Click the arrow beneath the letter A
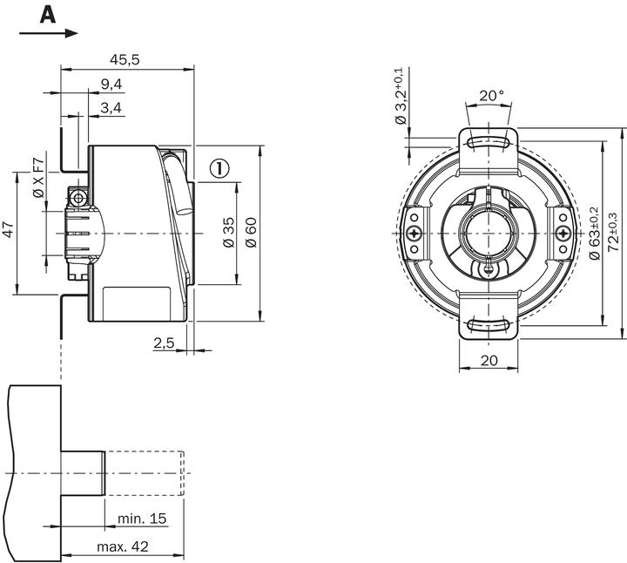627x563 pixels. pos(48,33)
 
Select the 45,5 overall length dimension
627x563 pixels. pos(125,59)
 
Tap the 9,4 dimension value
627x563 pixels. pos(111,84)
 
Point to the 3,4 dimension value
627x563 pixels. pos(111,107)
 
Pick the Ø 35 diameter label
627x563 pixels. pos(228,232)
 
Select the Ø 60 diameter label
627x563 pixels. pos(251,232)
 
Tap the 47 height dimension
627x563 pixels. pos(8,230)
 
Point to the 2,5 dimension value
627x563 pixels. pos(164,343)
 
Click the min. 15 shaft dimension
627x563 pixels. pos(141,519)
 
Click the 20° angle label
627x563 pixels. pos(490,95)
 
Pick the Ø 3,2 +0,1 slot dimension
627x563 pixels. pos(401,95)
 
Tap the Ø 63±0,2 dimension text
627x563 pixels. pos(594,233)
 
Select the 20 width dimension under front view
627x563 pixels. pos(489,359)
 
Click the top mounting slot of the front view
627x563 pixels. pos(488,140)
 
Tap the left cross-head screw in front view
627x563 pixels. pos(414,234)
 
